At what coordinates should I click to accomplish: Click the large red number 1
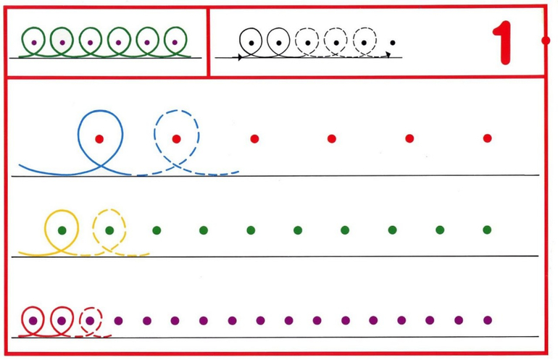tap(504, 41)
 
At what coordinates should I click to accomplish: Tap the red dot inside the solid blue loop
tap(99, 138)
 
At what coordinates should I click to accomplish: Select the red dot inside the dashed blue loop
tap(177, 138)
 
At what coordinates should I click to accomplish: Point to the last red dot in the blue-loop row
tap(487, 138)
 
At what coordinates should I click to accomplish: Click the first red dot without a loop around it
tap(254, 138)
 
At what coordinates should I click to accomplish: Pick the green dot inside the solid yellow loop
tap(62, 230)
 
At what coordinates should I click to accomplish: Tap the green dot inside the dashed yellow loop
tap(109, 230)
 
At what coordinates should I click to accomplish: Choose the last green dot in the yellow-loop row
tap(487, 230)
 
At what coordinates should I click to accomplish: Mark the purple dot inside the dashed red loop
tap(90, 320)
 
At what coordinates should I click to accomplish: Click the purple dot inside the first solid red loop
tap(33, 320)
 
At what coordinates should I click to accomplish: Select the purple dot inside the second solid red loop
tap(62, 320)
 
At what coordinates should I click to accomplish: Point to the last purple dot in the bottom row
tap(487, 320)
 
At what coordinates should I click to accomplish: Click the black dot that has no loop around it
tap(392, 43)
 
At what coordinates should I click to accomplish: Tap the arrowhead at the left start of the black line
tap(240, 56)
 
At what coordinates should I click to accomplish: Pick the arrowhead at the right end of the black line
tap(388, 55)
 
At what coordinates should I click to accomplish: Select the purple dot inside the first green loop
tap(34, 42)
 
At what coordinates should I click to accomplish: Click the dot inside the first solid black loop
tap(251, 43)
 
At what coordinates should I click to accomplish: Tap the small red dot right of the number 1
tap(545, 41)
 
